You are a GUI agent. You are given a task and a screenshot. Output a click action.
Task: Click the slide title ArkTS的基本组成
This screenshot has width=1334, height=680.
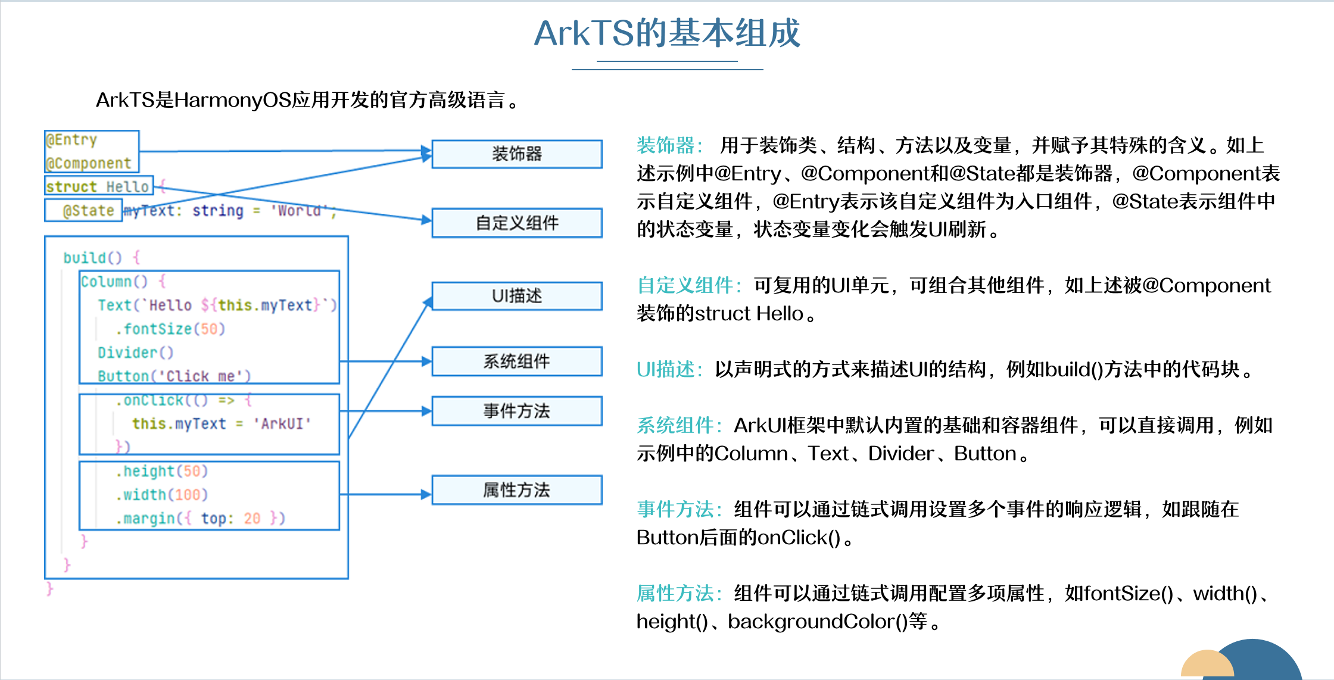[x=667, y=33]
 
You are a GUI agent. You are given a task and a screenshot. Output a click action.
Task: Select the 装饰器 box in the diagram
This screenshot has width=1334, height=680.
[x=516, y=154]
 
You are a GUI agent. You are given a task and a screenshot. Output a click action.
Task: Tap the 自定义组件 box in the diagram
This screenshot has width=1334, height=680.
[x=516, y=223]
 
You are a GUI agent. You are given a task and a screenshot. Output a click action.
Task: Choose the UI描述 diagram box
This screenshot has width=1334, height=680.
[x=516, y=296]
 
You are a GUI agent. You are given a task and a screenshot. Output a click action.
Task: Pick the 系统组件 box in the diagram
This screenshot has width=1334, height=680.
[x=516, y=361]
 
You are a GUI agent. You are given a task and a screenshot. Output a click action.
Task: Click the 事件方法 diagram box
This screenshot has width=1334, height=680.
[x=516, y=411]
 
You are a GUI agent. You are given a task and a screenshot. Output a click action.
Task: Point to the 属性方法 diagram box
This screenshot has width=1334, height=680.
[x=516, y=490]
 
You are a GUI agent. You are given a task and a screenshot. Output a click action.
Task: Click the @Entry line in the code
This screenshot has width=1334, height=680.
[x=72, y=140]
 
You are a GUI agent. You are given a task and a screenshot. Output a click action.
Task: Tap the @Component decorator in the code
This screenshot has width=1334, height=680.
[x=89, y=163]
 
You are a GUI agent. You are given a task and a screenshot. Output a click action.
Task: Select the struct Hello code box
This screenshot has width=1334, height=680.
[x=98, y=186]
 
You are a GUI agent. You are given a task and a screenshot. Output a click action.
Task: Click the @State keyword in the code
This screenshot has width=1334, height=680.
[x=88, y=210]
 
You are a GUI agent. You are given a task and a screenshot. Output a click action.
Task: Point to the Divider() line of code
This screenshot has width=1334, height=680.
[x=135, y=353]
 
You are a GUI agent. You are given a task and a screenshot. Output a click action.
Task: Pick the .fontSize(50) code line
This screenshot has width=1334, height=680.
[x=170, y=329]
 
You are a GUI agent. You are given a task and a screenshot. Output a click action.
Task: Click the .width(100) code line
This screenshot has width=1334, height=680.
[x=162, y=495]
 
